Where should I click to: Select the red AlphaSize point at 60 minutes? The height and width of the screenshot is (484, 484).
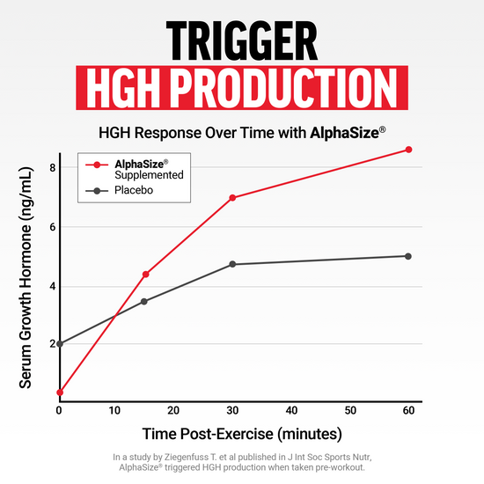(x=407, y=150)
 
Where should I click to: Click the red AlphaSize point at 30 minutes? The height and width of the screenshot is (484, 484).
(x=232, y=197)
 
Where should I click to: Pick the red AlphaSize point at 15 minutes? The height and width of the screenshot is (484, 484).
(x=145, y=274)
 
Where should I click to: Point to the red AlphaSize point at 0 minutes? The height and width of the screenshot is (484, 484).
(x=59, y=392)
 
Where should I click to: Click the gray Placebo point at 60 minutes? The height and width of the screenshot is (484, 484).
(x=407, y=256)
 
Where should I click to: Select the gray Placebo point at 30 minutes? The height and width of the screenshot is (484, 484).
(x=232, y=264)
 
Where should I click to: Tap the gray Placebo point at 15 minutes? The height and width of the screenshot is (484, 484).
(x=145, y=301)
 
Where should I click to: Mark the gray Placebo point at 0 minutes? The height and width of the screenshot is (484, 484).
(x=59, y=343)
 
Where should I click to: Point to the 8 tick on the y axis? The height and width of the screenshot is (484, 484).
(x=52, y=167)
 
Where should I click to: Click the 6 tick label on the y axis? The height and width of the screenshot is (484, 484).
(x=52, y=226)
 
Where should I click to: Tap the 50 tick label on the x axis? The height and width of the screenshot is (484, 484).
(x=349, y=411)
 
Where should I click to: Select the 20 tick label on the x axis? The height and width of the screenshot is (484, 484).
(x=174, y=411)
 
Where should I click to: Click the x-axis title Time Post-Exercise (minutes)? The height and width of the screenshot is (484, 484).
(x=241, y=435)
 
